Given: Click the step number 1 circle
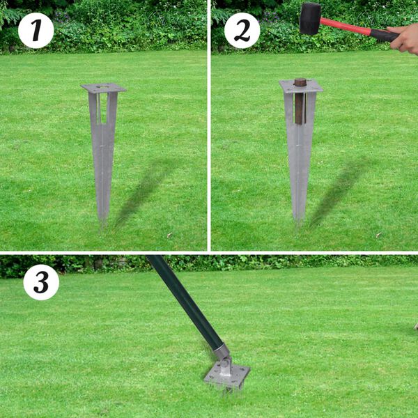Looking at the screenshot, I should coord(36,31).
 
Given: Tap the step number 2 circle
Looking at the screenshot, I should coord(242,31).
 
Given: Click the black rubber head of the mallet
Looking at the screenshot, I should coord(310,18).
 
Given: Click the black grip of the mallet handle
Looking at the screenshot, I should coord(382,34).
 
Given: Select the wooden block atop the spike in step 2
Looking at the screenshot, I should coord(300,101).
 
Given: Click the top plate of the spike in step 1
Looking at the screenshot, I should coord(103,88).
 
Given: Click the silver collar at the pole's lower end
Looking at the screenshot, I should coord(220,352).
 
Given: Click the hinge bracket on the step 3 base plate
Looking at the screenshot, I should coord(225,365).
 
